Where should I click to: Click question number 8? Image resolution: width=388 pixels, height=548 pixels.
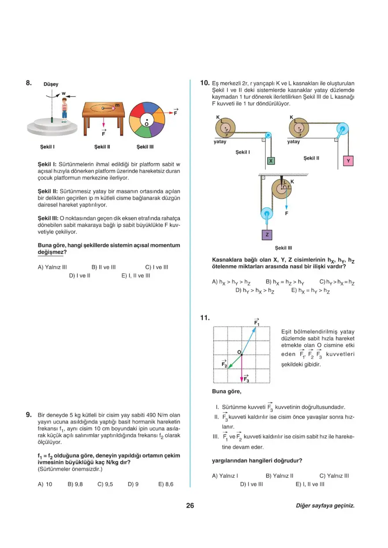[x=28, y=82]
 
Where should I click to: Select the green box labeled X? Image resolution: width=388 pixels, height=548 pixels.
[x=271, y=161]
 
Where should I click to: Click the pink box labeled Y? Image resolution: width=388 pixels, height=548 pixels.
[x=348, y=161]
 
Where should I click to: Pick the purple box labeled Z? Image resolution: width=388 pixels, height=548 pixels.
[x=267, y=234]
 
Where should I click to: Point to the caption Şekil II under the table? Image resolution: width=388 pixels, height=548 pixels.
[x=102, y=146]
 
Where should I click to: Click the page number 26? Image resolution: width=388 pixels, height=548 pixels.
[x=190, y=506]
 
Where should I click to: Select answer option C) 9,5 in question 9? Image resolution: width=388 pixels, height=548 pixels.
[x=105, y=484]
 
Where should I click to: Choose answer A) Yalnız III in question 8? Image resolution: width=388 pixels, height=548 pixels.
[x=52, y=267]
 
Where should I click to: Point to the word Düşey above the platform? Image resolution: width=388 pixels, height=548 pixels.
[x=51, y=84]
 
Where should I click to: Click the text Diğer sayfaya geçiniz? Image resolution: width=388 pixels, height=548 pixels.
[x=325, y=506]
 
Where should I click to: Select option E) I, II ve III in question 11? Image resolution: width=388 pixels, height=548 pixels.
[x=310, y=484]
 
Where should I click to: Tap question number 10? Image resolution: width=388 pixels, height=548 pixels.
[x=204, y=82]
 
